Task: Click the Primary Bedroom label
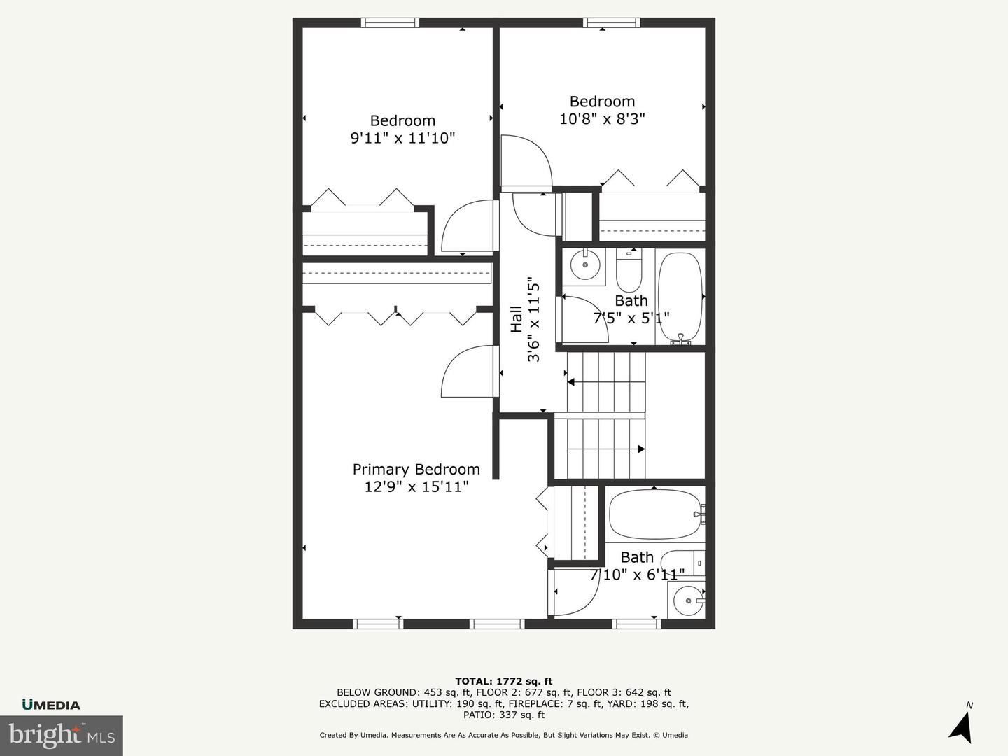click(x=416, y=469)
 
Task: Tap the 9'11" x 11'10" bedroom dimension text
click(x=402, y=138)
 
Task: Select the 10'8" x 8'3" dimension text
click(x=602, y=119)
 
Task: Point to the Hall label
click(x=516, y=319)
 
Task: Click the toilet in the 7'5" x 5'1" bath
click(x=629, y=272)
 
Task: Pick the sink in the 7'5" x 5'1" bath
click(x=584, y=265)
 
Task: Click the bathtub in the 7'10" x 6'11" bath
click(x=654, y=514)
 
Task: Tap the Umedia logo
click(x=51, y=705)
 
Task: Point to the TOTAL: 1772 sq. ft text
click(x=504, y=681)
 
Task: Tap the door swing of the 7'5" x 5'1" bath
click(x=585, y=319)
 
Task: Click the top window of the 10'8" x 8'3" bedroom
click(x=612, y=22)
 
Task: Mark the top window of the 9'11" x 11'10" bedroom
click(x=390, y=22)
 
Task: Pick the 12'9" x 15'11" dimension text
click(x=416, y=486)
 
